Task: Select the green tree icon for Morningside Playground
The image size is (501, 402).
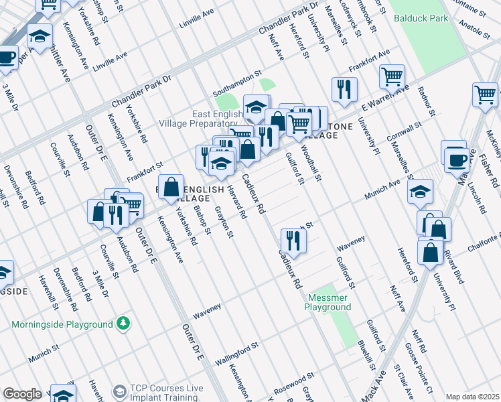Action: click(123, 324)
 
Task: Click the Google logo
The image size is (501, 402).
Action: click(22, 394)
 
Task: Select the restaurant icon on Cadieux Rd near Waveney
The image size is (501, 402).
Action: click(293, 239)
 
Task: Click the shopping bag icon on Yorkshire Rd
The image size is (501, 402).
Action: click(171, 188)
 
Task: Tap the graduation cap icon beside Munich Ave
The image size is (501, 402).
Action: click(420, 192)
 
